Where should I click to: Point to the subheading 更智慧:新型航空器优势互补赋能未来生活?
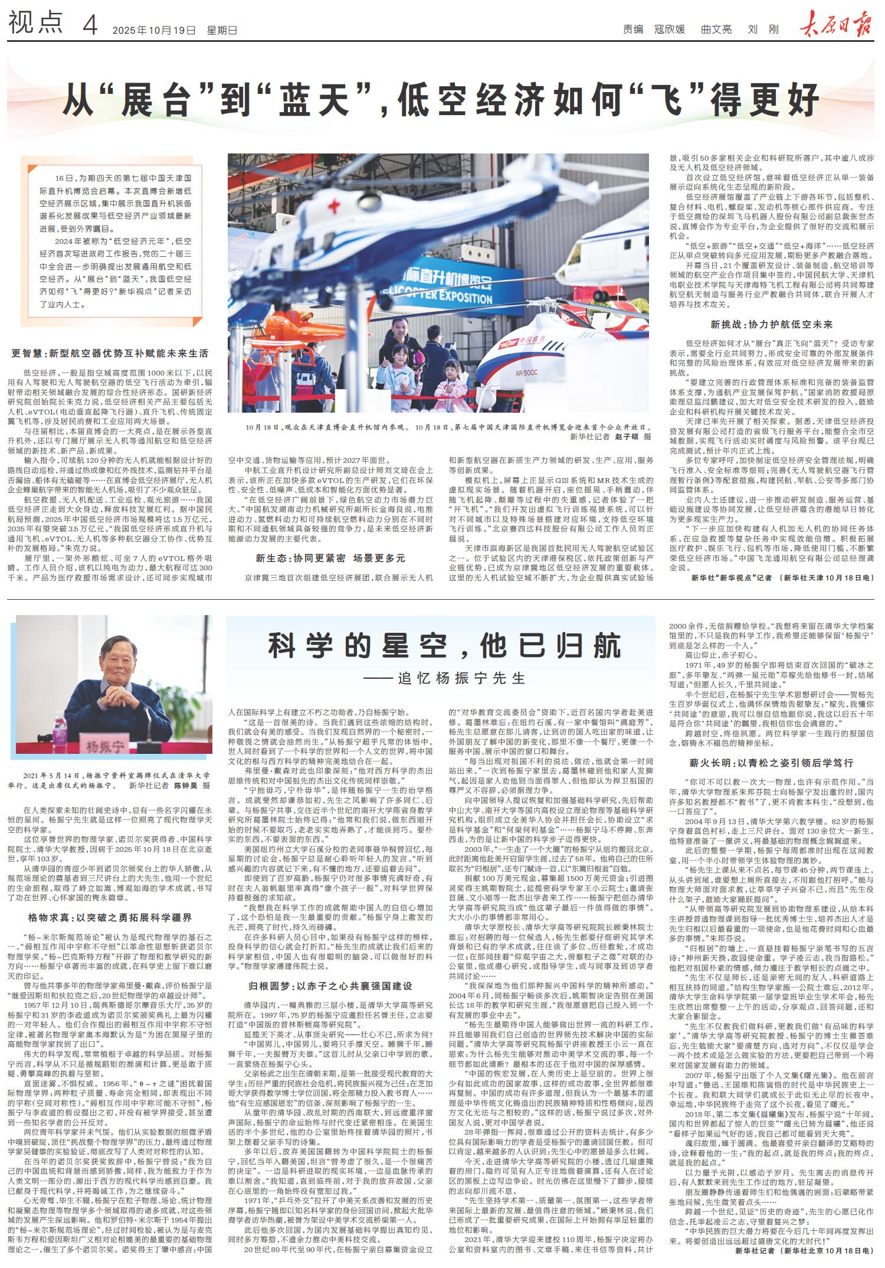coord(110,354)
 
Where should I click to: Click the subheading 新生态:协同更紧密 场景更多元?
coord(330,557)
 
